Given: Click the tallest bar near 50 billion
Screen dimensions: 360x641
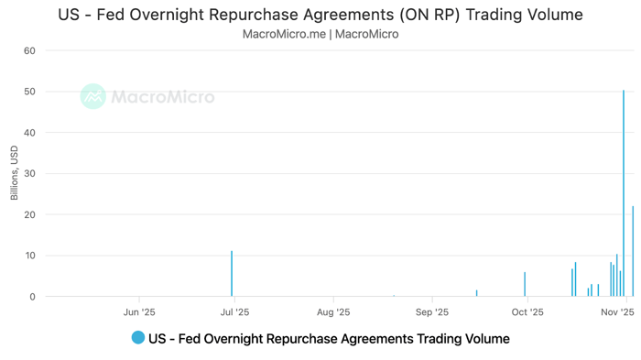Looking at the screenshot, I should pyautogui.click(x=624, y=192).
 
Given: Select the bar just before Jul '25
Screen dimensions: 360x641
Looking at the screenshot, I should pyautogui.click(x=232, y=274).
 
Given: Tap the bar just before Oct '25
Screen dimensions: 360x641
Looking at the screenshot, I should pyautogui.click(x=525, y=285).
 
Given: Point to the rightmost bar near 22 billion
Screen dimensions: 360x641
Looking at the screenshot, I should pyautogui.click(x=633, y=252).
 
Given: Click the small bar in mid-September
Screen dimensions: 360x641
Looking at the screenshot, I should pyautogui.click(x=477, y=293).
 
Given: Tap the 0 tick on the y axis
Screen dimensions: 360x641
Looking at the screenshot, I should pyautogui.click(x=32, y=297).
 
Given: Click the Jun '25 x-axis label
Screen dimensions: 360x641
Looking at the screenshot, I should pyautogui.click(x=138, y=312).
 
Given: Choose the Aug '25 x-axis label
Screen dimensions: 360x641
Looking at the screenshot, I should pyautogui.click(x=332, y=312).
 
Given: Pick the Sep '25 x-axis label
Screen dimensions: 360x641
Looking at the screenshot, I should pyautogui.click(x=430, y=312).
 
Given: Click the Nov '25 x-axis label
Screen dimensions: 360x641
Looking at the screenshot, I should pyautogui.click(x=617, y=312).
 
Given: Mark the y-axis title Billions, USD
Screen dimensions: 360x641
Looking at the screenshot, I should pyautogui.click(x=14, y=173).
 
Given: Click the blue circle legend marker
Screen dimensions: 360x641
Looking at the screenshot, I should pyautogui.click(x=138, y=338).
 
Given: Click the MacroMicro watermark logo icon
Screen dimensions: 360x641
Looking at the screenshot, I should pyautogui.click(x=92, y=96).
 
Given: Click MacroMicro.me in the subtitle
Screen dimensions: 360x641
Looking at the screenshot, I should pyautogui.click(x=284, y=34).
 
